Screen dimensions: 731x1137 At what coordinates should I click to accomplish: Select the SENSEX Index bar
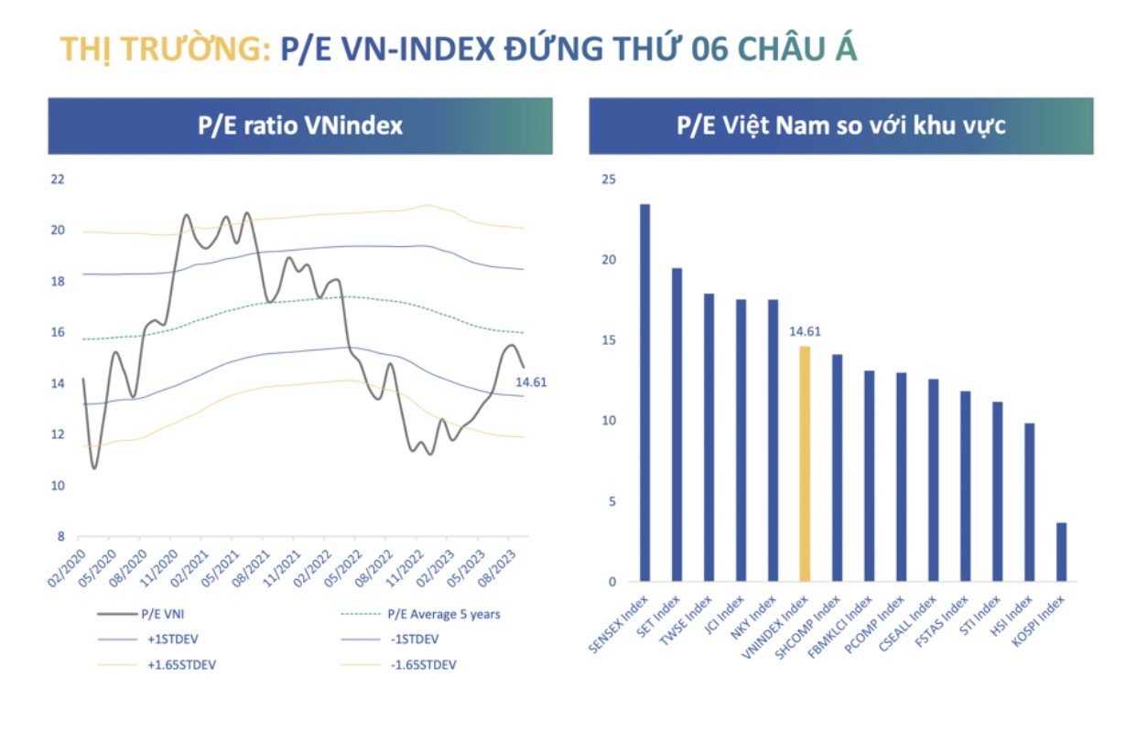pyautogui.click(x=644, y=393)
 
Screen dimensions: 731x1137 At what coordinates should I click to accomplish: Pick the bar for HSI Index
pyautogui.click(x=1029, y=502)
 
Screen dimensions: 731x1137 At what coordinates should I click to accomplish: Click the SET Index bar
pyautogui.click(x=677, y=425)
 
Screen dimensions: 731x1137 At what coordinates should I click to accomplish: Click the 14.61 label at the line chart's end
pyautogui.click(x=531, y=382)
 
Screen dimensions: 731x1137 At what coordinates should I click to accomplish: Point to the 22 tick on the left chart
pyautogui.click(x=58, y=179)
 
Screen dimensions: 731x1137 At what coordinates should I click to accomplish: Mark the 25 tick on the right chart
pyautogui.click(x=609, y=179)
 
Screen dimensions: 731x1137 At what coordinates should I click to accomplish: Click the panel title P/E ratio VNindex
pyautogui.click(x=300, y=126)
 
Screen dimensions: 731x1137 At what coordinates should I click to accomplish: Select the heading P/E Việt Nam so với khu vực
pyautogui.click(x=840, y=126)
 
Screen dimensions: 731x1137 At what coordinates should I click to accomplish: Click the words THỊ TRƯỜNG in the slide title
pyautogui.click(x=165, y=49)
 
